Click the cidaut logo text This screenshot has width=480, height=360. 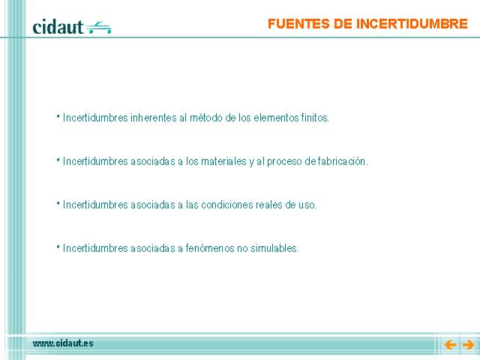[x=58, y=27]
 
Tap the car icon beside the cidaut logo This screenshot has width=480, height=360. [x=98, y=28]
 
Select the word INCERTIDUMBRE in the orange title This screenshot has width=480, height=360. [x=412, y=24]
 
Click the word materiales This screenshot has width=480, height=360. [x=223, y=161]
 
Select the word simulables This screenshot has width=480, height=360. [x=274, y=248]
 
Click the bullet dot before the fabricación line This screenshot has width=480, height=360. [x=58, y=160]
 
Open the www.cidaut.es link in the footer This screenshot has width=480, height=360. [x=63, y=343]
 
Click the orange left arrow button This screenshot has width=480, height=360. [x=450, y=345]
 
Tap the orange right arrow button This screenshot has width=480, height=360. [x=468, y=345]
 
